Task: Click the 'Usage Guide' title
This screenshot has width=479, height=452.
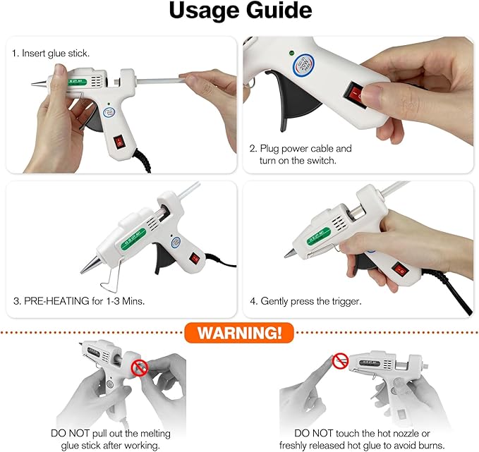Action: click(239, 12)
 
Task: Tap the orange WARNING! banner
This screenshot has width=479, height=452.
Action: click(239, 331)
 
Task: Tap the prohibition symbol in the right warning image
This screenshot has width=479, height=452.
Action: click(341, 361)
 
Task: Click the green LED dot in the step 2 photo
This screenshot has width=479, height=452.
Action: click(291, 51)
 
